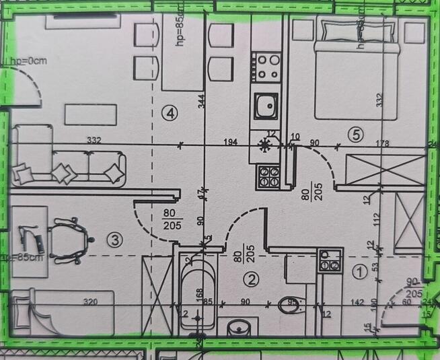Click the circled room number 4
tap(172, 114)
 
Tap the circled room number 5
tap(356, 135)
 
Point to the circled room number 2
tap(250, 279)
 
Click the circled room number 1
tap(360, 273)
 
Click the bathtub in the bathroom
tap(198, 296)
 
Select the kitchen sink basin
tap(266, 105)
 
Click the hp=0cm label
tap(23, 61)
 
